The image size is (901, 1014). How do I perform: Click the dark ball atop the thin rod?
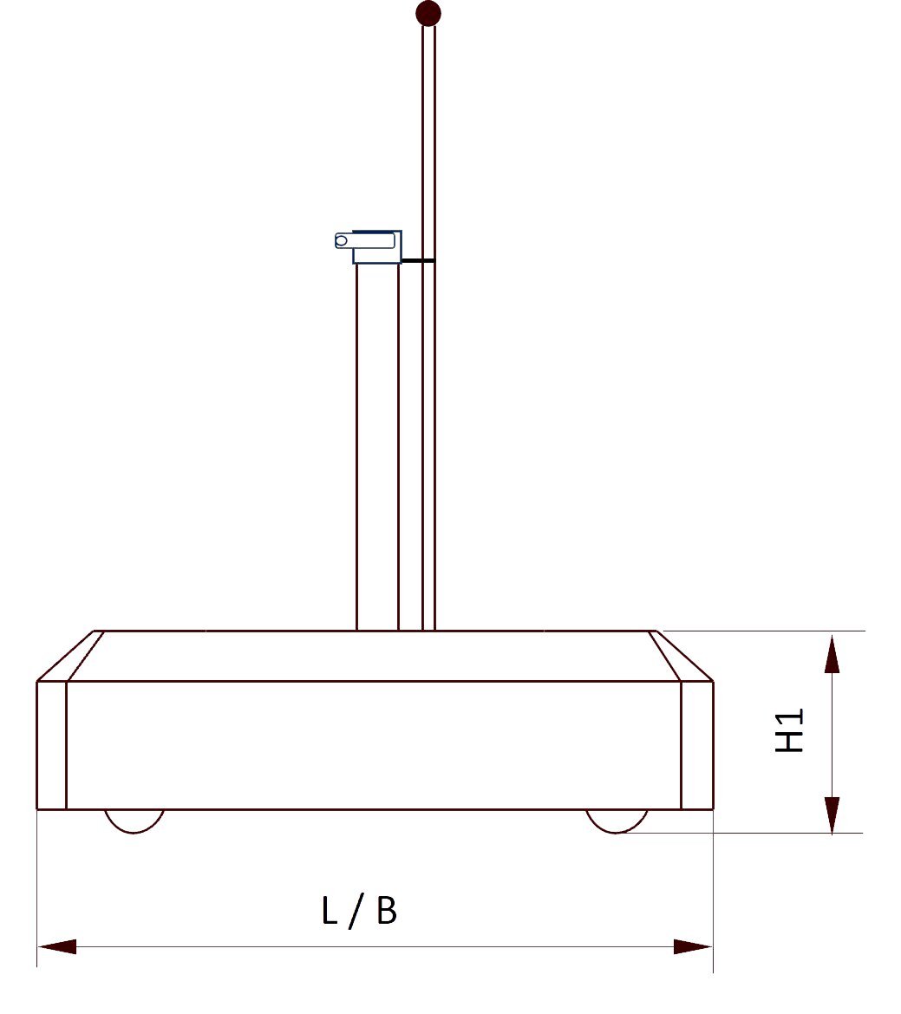(428, 14)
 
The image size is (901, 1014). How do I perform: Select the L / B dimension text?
(359, 911)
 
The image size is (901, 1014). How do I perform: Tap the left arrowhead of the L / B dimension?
(57, 946)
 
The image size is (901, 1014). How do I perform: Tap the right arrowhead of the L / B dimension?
(692, 946)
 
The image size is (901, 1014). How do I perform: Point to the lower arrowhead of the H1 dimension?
(832, 814)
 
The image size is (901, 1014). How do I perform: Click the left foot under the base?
(134, 820)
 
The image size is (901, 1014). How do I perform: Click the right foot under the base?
(617, 820)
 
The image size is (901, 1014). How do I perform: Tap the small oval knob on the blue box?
(342, 240)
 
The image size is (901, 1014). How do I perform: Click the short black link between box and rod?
(416, 260)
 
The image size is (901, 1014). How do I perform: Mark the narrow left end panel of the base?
(51, 745)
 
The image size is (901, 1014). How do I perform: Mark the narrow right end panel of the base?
(697, 745)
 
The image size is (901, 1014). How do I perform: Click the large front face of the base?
(373, 745)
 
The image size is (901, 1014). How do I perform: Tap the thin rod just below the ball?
(428, 52)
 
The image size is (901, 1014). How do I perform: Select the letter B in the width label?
(387, 911)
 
